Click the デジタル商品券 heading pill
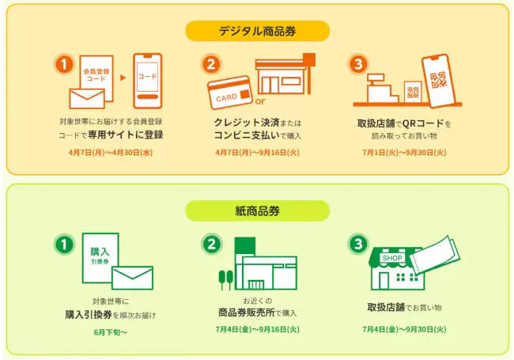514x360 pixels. coord(257,31)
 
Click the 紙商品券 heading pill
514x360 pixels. coord(257,210)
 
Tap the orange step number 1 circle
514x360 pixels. coord(64,64)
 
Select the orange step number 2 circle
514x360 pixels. coord(211,64)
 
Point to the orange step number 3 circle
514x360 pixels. coord(358,64)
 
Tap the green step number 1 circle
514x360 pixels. coord(64,244)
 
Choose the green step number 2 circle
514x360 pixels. coord(211,244)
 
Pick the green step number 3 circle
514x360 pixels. coord(358,244)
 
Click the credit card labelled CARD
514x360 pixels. coord(230,93)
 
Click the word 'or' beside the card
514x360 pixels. coord(260,101)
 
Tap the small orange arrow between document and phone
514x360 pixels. coord(123,78)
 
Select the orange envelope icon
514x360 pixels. coord(87,98)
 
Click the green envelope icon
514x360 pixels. coord(132,278)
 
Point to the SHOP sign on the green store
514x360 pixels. coord(392,258)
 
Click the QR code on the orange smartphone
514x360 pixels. coord(438,81)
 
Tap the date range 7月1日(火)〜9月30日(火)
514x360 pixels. coord(404,153)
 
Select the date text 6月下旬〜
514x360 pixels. coord(111,332)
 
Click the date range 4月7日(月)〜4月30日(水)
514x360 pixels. coord(111,153)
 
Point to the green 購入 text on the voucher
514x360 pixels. coord(100,252)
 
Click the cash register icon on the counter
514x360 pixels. coord(382,89)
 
